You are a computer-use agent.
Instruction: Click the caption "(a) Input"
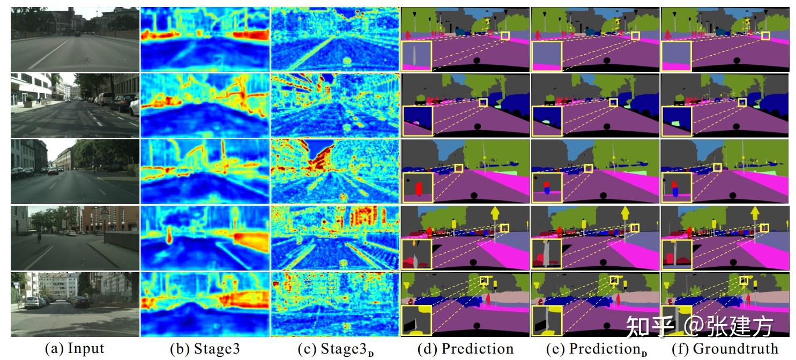point(74,349)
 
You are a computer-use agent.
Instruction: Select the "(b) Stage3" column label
point(205,349)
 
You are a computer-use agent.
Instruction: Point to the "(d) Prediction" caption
point(465,349)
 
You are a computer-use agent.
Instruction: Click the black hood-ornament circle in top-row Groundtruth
point(737,62)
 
